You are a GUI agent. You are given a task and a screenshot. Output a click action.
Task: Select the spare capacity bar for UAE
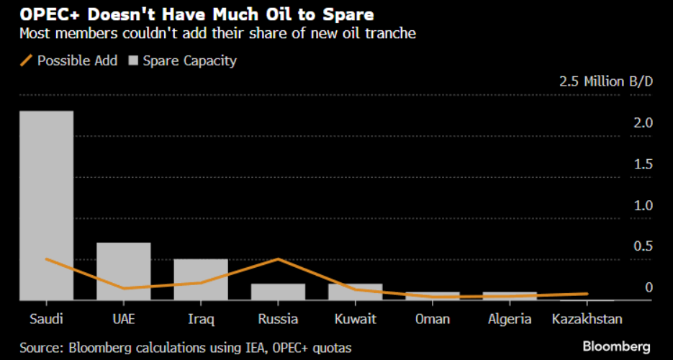(123, 271)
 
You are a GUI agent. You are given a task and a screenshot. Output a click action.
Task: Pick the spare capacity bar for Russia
(278, 292)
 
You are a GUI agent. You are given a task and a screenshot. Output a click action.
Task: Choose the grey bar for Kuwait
(355, 292)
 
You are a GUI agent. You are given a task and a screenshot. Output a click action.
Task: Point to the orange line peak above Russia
(278, 259)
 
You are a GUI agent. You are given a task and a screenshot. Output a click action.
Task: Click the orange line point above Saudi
(46, 259)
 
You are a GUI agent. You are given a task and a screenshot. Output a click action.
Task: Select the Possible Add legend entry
(69, 60)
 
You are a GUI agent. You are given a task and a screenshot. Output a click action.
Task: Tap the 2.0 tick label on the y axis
(642, 123)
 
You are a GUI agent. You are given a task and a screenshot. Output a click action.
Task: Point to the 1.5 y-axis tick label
(642, 164)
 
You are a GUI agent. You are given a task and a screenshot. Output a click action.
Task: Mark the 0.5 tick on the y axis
(642, 246)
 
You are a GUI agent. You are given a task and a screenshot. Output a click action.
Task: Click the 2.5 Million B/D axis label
(606, 81)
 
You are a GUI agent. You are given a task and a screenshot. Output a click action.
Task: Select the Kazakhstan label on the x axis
(587, 319)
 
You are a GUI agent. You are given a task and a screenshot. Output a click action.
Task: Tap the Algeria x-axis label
(510, 319)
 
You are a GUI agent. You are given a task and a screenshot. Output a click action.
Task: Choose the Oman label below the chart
(432, 319)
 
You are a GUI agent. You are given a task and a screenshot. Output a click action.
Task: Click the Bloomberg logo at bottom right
(618, 346)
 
